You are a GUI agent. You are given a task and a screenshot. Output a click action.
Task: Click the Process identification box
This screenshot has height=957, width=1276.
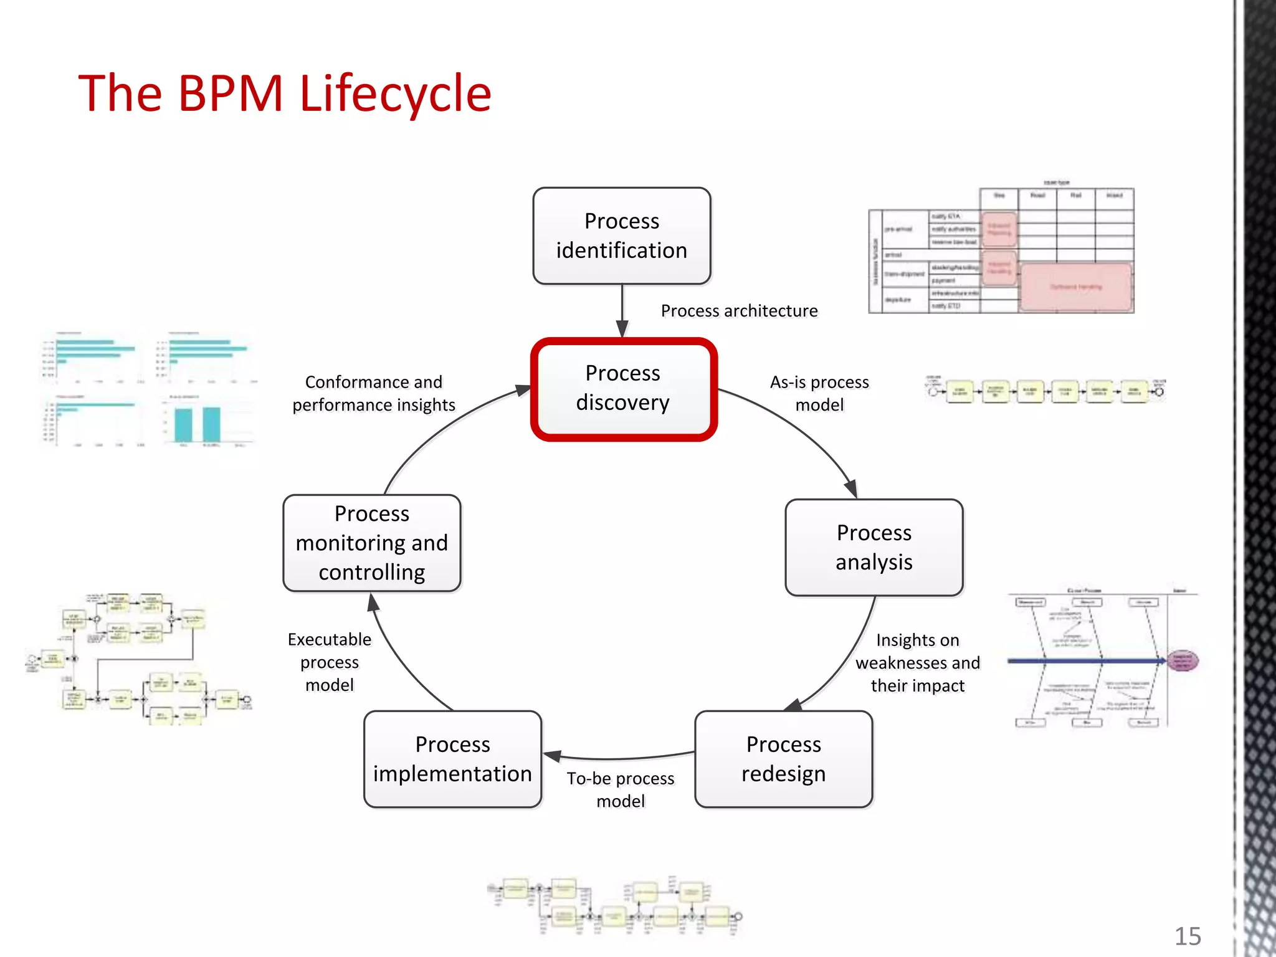pyautogui.click(x=622, y=236)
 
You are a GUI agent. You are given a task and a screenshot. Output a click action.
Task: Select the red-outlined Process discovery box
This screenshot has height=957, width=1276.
pyautogui.click(x=623, y=389)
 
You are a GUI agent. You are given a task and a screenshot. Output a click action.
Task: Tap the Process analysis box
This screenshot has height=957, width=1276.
pyautogui.click(x=874, y=548)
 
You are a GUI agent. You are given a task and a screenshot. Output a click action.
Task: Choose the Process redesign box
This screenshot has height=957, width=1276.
pyautogui.click(x=783, y=759)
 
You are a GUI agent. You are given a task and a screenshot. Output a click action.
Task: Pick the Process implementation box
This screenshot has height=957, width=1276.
pyautogui.click(x=452, y=759)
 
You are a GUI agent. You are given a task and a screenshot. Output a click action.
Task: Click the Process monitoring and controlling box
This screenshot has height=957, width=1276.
pyautogui.click(x=372, y=543)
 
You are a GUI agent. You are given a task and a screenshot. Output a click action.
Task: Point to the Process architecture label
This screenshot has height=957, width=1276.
pyautogui.click(x=739, y=310)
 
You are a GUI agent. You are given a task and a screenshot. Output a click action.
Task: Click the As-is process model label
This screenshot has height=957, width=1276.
pyautogui.click(x=819, y=393)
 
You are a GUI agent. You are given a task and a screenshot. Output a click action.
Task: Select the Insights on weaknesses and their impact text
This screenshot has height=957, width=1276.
pyautogui.click(x=917, y=662)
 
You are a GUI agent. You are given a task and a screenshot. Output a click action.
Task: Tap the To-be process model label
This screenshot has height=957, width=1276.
pyautogui.click(x=621, y=789)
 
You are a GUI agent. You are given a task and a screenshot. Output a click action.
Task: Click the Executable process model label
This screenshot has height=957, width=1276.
pyautogui.click(x=330, y=662)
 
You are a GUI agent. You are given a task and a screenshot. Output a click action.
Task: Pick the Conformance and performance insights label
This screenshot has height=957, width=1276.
pyautogui.click(x=374, y=393)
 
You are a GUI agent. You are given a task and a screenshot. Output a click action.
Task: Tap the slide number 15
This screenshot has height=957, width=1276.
pyautogui.click(x=1188, y=936)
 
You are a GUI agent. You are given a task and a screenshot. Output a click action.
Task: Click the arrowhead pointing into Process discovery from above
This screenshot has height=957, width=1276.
pyautogui.click(x=622, y=329)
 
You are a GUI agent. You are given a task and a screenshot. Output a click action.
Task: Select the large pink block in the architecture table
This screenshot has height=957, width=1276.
pyautogui.click(x=1076, y=287)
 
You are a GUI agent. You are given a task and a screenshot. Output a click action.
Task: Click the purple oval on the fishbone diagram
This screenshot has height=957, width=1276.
pyautogui.click(x=1182, y=660)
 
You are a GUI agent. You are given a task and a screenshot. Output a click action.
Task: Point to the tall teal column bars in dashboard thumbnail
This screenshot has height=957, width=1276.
pyautogui.click(x=198, y=424)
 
